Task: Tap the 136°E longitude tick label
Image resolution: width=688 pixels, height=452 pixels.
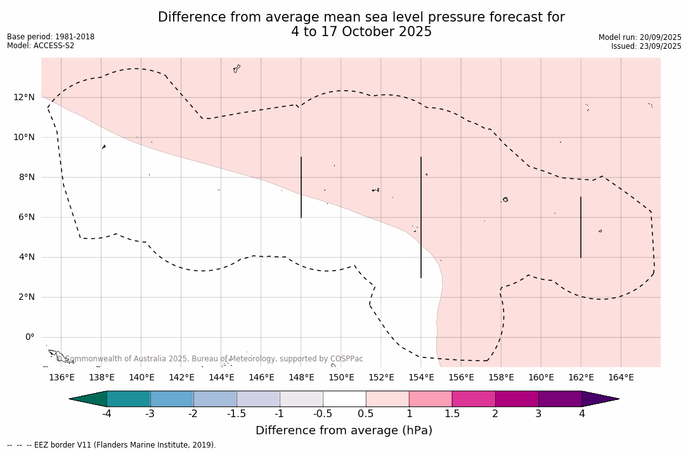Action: tap(62, 377)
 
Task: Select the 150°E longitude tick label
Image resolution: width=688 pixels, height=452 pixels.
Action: tap(341, 377)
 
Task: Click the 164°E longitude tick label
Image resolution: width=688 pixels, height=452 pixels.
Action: tap(621, 377)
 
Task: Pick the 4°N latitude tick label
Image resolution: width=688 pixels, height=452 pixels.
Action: tap(27, 257)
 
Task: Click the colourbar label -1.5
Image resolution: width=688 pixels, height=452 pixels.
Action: tap(237, 414)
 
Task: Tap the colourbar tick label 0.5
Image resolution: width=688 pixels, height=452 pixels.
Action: tap(366, 414)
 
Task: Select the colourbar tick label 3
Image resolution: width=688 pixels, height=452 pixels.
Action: tap(538, 414)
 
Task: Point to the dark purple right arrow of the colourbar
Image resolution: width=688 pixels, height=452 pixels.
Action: tap(599, 399)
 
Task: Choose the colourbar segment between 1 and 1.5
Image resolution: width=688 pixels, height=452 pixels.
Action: tap(431, 399)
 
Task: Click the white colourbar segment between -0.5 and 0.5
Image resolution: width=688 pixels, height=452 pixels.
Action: tap(344, 399)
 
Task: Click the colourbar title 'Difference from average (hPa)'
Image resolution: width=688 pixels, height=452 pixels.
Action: tap(344, 430)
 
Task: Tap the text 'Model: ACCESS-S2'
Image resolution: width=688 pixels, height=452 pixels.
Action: tap(41, 46)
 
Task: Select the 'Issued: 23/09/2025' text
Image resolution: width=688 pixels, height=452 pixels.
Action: tap(646, 46)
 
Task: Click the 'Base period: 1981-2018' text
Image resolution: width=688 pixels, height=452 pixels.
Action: tap(51, 37)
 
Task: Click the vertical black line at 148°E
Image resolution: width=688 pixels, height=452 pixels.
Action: tap(301, 187)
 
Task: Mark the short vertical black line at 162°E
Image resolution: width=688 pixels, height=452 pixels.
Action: tap(581, 227)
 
